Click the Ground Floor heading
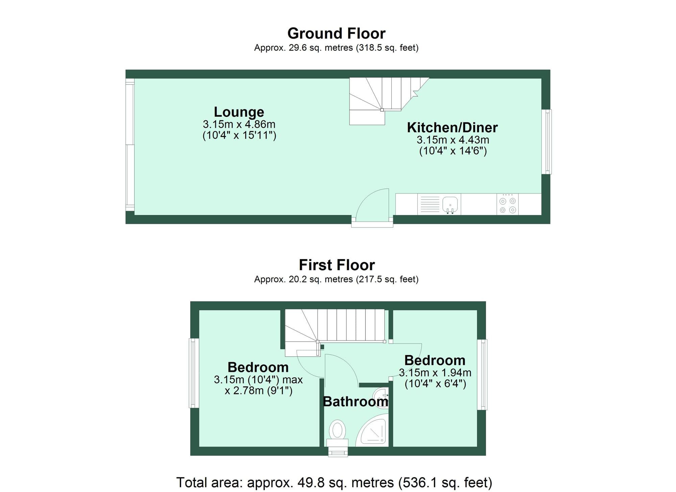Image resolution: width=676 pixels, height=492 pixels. tap(336, 33)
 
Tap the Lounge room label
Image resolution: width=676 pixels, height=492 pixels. tap(239, 112)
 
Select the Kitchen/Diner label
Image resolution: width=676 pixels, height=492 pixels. tap(452, 127)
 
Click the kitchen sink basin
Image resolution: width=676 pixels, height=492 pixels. tap(450, 204)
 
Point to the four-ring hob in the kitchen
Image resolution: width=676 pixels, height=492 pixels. tap(508, 205)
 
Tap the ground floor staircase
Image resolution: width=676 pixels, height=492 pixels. tap(382, 98)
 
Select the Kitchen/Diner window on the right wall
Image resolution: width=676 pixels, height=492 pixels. tap(547, 142)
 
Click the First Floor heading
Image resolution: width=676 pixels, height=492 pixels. tap(337, 265)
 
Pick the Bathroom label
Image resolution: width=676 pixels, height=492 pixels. tap(355, 402)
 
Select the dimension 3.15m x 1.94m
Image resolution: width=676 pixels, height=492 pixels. tap(435, 373)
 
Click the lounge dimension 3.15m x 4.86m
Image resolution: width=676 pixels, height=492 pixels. tap(239, 124)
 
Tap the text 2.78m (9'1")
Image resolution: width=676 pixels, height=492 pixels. tap(259, 391)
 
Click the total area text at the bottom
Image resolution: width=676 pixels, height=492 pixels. tap(334, 482)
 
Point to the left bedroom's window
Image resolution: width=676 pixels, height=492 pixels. tap(194, 373)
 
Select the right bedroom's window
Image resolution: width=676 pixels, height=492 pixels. tap(482, 374)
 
